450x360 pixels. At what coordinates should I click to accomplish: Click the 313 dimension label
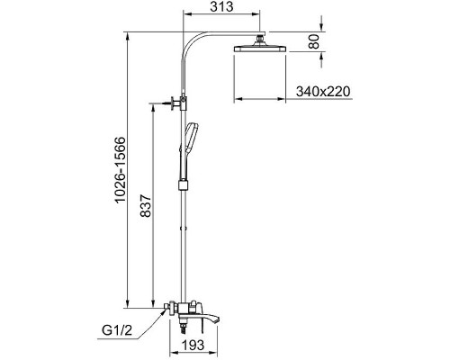[221, 6]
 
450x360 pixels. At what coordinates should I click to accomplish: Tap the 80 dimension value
[314, 41]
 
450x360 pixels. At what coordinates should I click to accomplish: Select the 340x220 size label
[323, 91]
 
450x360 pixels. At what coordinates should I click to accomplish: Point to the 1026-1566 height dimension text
[120, 170]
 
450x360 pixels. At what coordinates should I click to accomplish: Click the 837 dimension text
[146, 205]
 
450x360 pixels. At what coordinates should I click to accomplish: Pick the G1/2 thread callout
[117, 330]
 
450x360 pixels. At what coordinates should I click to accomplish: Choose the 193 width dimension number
[193, 345]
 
